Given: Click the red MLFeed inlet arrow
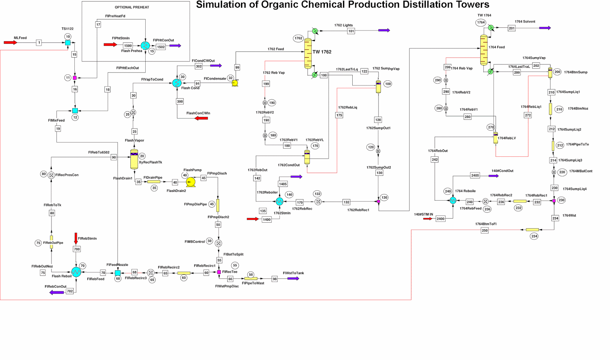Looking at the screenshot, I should (x=10, y=43).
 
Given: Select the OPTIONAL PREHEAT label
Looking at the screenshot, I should (x=132, y=7).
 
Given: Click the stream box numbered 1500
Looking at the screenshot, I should (x=128, y=46).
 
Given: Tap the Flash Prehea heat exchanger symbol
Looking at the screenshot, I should (x=145, y=45).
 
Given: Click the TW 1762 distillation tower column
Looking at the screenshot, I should (x=308, y=53).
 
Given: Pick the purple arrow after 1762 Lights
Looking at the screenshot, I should (x=384, y=30).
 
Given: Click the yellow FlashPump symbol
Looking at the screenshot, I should (x=191, y=182).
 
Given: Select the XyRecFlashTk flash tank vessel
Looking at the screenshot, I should (x=134, y=159).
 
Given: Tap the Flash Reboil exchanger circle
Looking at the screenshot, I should (x=76, y=272).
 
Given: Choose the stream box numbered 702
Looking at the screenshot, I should (x=70, y=291).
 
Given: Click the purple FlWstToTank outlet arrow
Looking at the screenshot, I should (x=293, y=279).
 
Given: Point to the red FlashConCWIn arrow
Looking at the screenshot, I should (x=201, y=118).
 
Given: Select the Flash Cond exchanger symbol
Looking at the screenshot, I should (x=177, y=83).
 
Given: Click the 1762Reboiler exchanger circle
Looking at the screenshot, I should (x=279, y=201).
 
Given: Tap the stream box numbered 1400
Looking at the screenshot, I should (x=266, y=219).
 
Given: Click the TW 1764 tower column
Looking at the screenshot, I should (x=483, y=50).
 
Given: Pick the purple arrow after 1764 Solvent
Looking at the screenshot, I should (x=545, y=28).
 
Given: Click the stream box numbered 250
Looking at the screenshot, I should (x=485, y=230).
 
